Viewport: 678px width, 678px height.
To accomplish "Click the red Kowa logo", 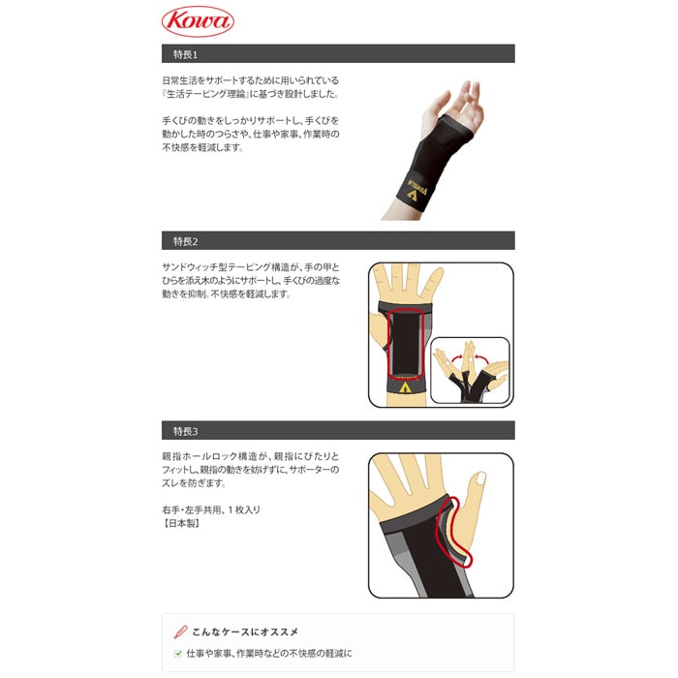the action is pos(198,21).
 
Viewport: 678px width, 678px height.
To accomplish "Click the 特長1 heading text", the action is pos(185,54).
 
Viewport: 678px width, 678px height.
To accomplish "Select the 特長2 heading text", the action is pos(186,241).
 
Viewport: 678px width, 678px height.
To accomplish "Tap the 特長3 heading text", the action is pos(186,431).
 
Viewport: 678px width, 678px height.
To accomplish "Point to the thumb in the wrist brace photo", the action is pos(431,109).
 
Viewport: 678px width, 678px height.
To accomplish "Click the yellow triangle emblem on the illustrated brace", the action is pos(405,387).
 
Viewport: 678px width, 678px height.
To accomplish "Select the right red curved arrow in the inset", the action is pos(481,356).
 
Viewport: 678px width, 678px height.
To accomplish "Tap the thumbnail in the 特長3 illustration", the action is pos(480,478).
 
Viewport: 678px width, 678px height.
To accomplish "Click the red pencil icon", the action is pos(180,632).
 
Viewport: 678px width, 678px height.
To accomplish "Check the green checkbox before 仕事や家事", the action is pos(177,654).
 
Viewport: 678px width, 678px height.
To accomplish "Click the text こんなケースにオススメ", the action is pos(245,632).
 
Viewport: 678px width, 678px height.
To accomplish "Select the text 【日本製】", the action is pos(181,523).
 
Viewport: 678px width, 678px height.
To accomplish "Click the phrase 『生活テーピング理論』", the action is pos(205,94).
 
